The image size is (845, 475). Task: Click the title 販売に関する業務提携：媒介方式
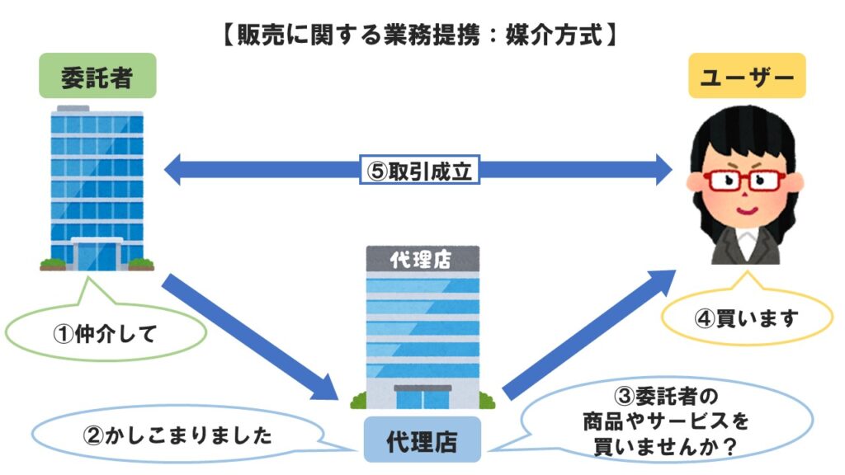tap(420, 36)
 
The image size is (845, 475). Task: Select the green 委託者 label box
tap(97, 78)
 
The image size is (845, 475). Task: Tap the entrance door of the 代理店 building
tap(422, 397)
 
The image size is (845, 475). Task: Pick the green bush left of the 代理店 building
tap(358, 401)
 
